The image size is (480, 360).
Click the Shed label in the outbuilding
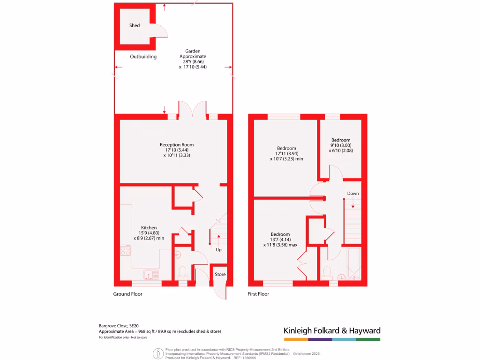point(135,25)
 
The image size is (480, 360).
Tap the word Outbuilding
point(143,57)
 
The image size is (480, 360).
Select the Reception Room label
point(176,145)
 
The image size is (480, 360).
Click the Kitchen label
point(149,228)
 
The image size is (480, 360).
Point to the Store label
point(220,275)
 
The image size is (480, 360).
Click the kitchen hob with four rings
point(125,251)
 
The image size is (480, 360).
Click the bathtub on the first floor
point(353,265)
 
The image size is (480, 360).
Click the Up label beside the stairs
point(218,250)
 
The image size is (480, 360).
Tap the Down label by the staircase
point(353,194)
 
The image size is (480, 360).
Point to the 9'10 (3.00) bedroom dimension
point(341,145)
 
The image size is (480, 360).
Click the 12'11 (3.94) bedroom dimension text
point(286,153)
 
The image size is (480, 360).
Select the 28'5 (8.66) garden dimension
point(193,61)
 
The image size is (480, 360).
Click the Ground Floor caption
point(127,294)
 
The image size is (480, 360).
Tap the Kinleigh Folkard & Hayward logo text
point(332,330)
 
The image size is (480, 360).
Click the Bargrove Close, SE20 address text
point(119,325)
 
